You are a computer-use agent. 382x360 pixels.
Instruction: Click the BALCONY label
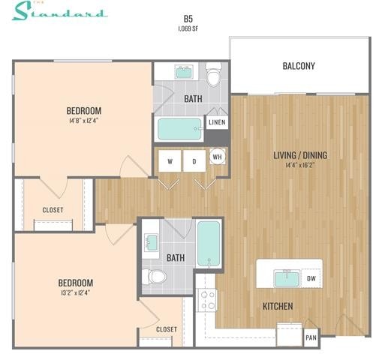(299, 66)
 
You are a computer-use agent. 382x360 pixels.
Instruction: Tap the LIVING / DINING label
(299, 155)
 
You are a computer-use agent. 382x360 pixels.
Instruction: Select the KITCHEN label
(277, 306)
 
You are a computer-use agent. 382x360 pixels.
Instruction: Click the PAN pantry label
(311, 337)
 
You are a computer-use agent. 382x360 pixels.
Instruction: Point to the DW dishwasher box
(311, 279)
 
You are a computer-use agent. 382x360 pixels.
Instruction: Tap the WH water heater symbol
(217, 157)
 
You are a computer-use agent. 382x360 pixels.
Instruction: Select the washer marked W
(170, 161)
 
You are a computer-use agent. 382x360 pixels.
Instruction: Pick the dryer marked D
(193, 161)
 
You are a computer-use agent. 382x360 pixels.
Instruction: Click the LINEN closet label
(216, 122)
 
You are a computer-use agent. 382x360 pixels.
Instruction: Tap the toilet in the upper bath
(213, 76)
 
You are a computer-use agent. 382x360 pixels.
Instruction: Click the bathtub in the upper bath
(179, 129)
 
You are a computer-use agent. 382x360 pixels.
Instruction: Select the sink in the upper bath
(183, 72)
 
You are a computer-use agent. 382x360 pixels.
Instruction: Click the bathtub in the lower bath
(208, 244)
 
